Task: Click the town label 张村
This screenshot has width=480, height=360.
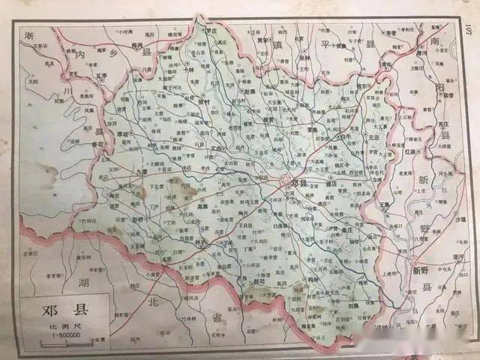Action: (x=204, y=103)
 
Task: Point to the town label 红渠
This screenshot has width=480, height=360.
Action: (x=430, y=151)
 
